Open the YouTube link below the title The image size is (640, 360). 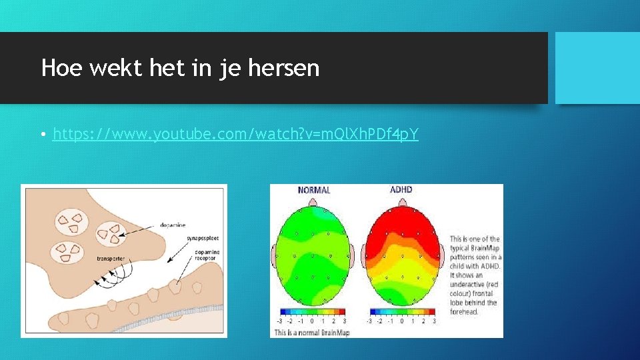(235, 135)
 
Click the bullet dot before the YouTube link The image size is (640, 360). (43, 135)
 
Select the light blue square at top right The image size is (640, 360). (597, 67)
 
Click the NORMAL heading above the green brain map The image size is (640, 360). (314, 190)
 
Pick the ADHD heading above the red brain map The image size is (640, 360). (401, 190)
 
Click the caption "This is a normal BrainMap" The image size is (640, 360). (311, 333)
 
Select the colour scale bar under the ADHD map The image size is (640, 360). (401, 311)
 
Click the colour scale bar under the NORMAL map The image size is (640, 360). (314, 311)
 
